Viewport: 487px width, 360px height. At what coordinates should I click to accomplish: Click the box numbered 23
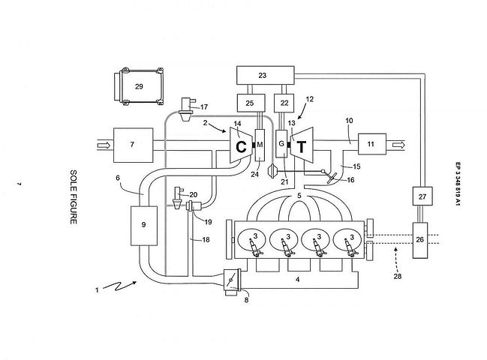tap(265, 75)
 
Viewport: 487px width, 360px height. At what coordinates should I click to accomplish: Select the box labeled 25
tap(251, 103)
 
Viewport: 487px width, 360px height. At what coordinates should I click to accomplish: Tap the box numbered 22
tap(284, 103)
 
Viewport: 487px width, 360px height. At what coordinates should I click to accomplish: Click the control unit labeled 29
tap(139, 86)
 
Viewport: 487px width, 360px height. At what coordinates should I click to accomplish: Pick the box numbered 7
tap(134, 145)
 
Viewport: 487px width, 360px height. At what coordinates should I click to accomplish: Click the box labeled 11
tap(372, 144)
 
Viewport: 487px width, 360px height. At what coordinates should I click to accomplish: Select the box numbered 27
tap(422, 196)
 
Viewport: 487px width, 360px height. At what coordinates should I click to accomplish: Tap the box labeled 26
tap(420, 240)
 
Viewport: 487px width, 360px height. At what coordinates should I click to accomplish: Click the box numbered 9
tap(144, 226)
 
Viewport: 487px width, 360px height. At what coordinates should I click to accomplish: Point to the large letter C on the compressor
tap(241, 147)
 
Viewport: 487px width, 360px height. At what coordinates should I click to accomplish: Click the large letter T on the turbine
tap(301, 146)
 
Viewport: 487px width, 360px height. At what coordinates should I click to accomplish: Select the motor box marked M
tap(260, 145)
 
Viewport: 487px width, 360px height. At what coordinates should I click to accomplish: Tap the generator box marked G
tap(281, 144)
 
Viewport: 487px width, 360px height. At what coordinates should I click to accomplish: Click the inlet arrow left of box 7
tap(104, 145)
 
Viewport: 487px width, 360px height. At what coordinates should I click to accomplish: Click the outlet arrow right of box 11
tap(398, 145)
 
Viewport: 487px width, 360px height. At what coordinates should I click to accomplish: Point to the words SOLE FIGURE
tap(74, 196)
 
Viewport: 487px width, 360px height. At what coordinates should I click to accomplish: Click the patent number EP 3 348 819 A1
tap(458, 184)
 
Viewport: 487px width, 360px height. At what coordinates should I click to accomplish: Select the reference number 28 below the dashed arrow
tap(398, 276)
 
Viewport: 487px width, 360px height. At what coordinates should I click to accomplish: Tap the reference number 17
tap(204, 107)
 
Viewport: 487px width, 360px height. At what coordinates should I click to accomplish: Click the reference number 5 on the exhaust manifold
tap(299, 196)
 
